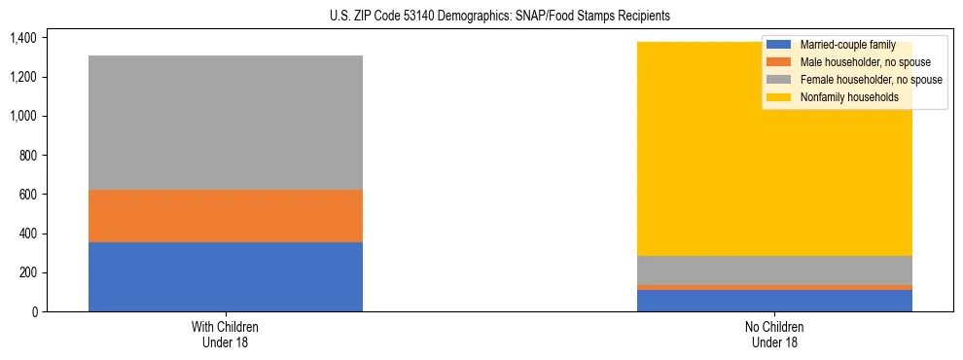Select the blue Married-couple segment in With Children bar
tap(225, 276)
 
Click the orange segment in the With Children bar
tap(225, 215)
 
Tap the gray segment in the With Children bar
tap(225, 123)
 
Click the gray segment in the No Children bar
tap(774, 270)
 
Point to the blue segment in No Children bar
tap(774, 301)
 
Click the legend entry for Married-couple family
tap(845, 45)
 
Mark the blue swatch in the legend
tap(778, 45)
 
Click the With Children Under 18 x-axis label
tap(225, 334)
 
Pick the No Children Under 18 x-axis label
tap(774, 334)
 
